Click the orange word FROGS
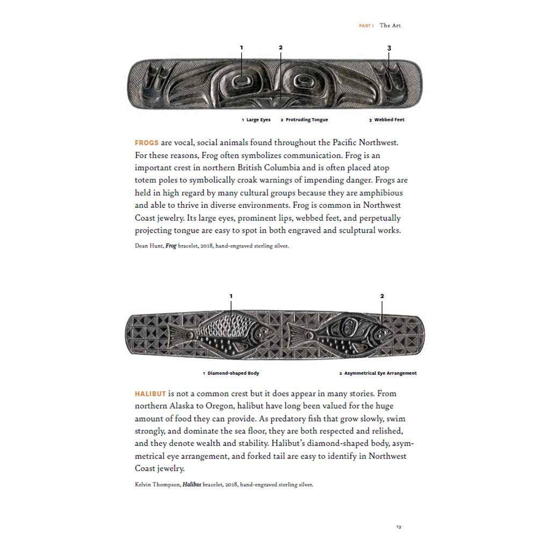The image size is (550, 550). [147, 143]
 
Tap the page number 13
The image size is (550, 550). [399, 527]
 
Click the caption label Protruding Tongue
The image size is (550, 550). [306, 120]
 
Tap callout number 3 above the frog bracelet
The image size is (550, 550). [389, 48]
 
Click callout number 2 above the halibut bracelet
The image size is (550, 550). [382, 296]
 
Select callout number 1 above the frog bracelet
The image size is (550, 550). [241, 48]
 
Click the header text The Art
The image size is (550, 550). [390, 25]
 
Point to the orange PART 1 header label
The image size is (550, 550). [366, 26]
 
